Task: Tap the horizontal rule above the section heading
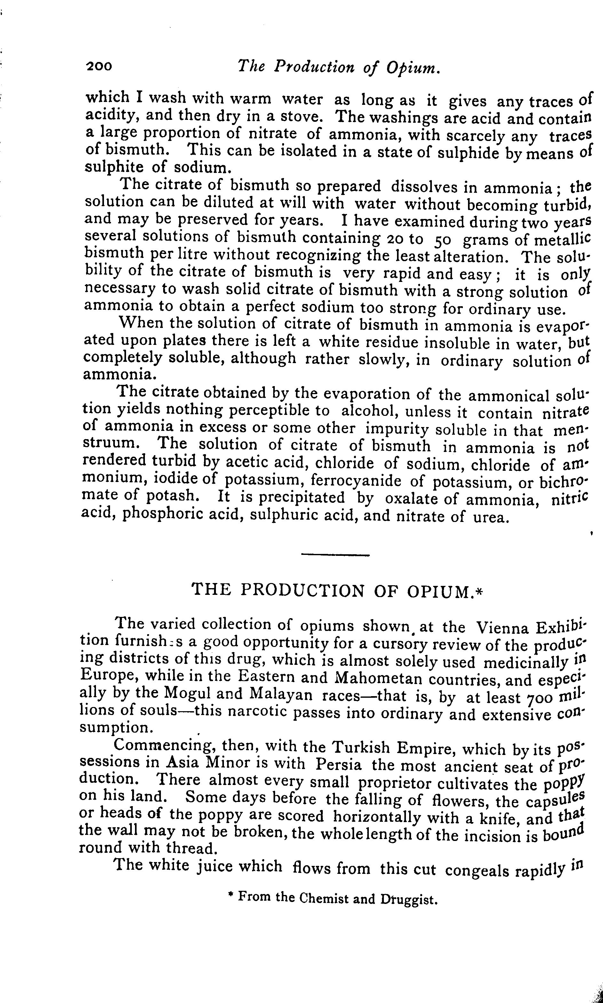335,555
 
